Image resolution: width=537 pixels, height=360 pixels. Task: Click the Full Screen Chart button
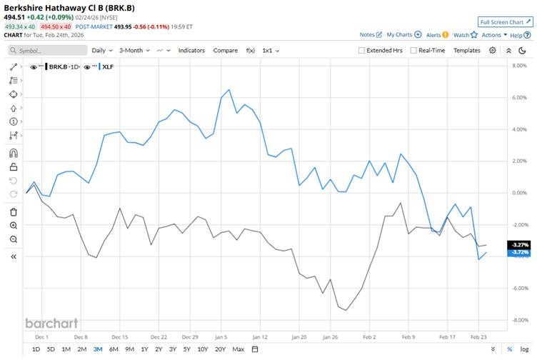[506, 22]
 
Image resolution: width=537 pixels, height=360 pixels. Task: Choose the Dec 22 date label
[159, 336]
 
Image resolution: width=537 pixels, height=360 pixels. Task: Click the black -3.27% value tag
[519, 244]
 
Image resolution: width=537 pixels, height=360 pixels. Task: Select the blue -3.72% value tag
[519, 253]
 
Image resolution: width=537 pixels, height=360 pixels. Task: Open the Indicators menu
[191, 51]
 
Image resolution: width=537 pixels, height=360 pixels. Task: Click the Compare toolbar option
[225, 51]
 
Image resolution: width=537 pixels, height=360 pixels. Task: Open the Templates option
[467, 51]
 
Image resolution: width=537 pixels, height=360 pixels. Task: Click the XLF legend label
[109, 66]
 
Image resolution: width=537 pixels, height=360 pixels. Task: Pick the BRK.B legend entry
[62, 66]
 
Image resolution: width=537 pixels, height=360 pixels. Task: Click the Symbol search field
[46, 51]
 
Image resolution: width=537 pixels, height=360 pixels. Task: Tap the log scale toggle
[525, 349]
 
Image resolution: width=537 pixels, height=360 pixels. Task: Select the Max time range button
[239, 349]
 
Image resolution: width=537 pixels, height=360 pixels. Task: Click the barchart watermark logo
[51, 322]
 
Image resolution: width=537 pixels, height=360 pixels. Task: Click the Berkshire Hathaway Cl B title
[68, 8]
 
